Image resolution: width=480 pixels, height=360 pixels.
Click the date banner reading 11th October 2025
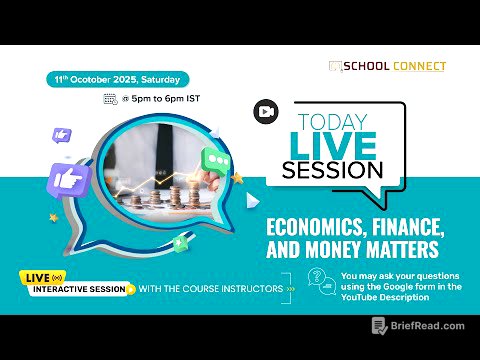pos(113,78)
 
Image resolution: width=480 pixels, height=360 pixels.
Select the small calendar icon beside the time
pos(110,99)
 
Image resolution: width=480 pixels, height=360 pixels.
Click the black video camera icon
pos(266,111)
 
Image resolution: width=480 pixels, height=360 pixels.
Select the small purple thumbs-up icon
pos(62,134)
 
